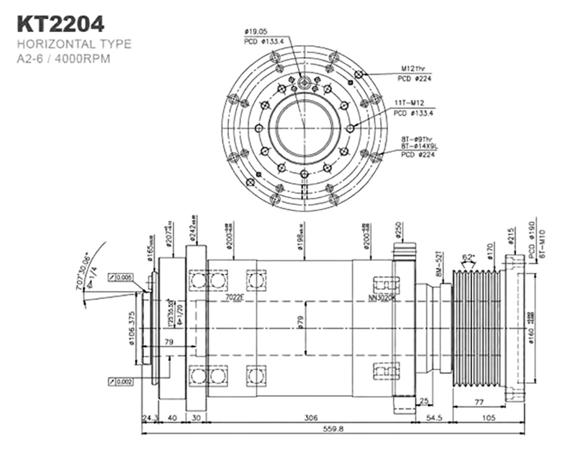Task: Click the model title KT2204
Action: [60, 24]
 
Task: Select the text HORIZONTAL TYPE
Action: [74, 44]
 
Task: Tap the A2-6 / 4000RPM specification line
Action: [64, 60]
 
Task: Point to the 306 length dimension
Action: [311, 418]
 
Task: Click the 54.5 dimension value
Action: [434, 418]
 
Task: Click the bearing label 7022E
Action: [234, 297]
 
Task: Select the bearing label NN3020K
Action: [382, 297]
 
